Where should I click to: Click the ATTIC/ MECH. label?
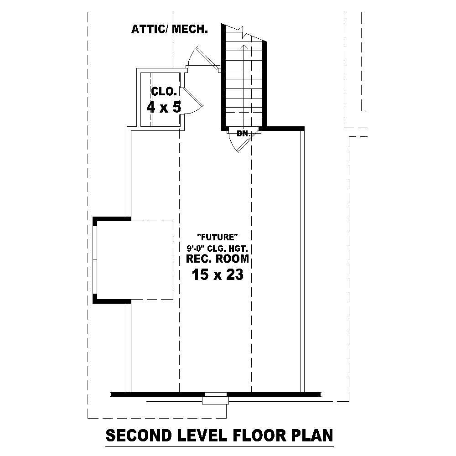tap(170, 30)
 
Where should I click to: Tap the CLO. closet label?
tap(163, 91)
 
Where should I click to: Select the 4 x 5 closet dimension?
tap(164, 108)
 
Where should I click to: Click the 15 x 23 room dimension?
tap(217, 275)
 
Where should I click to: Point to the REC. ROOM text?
tap(218, 259)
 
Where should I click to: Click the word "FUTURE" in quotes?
tap(218, 237)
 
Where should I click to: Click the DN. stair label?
tap(243, 134)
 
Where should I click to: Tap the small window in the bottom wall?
tap(215, 398)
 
